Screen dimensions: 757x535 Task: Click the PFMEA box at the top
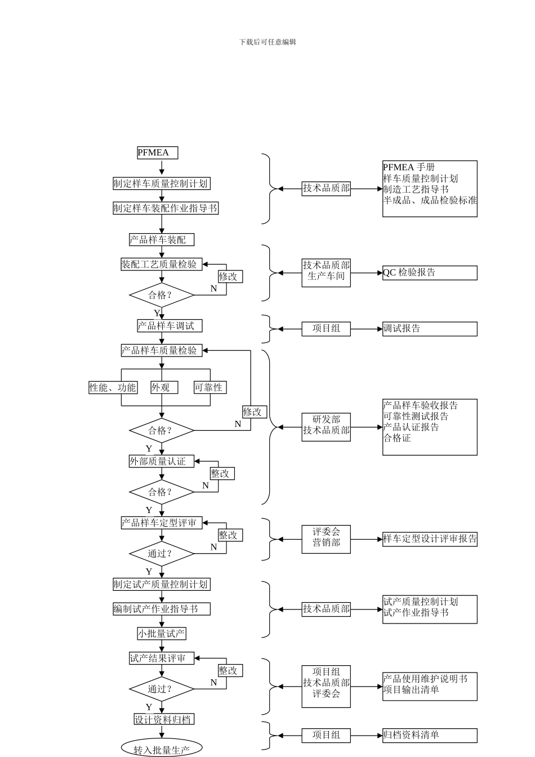157,153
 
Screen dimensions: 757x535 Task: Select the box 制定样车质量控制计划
162,184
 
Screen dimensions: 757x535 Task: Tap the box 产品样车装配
162,240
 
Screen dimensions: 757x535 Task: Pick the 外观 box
164,388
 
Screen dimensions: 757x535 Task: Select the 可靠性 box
209,388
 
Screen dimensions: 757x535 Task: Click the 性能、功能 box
113,388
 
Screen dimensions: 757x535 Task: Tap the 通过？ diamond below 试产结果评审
162,689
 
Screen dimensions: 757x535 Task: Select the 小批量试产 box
162,634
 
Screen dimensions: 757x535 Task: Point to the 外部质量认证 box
162,461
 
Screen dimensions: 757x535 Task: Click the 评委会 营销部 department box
326,537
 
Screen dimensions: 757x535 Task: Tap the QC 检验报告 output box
430,273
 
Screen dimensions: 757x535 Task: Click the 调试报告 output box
430,328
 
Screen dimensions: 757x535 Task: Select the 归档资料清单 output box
430,735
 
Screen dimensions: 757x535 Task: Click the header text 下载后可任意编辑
267,42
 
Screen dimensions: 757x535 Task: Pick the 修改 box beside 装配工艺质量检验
231,277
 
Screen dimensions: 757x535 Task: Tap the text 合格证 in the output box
398,438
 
